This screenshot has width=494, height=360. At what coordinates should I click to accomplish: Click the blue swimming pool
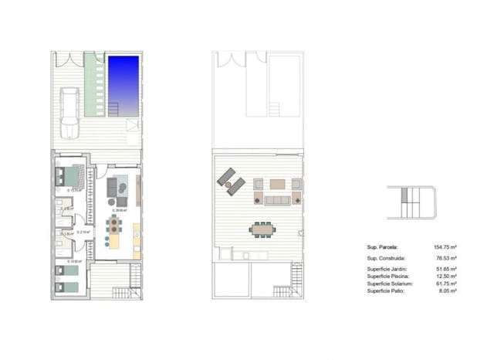click(x=123, y=82)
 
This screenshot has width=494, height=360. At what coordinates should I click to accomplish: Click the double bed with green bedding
click(x=69, y=178)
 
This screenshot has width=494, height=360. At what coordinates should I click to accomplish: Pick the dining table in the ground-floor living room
click(x=114, y=226)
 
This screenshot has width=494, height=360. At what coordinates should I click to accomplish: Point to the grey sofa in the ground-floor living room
click(x=113, y=188)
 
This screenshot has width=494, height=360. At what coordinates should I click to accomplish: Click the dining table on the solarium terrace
click(x=262, y=229)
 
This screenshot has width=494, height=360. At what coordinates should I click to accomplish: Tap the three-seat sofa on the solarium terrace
click(x=276, y=200)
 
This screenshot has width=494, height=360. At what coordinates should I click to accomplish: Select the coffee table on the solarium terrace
click(x=276, y=185)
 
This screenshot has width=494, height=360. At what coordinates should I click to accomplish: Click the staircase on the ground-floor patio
click(x=126, y=291)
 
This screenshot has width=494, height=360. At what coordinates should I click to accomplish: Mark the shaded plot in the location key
click(x=408, y=202)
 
